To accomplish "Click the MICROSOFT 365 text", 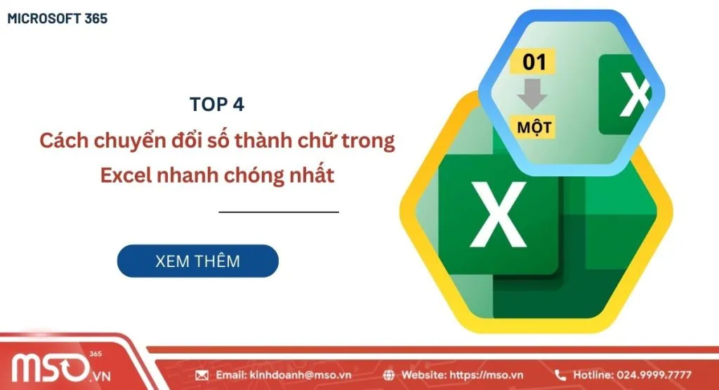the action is click(58, 18).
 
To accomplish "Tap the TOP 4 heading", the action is click(217, 104).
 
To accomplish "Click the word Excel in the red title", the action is click(125, 175).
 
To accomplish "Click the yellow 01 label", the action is click(533, 61).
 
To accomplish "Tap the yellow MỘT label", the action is click(534, 127).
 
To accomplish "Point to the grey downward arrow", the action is click(532, 94).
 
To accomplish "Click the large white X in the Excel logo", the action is click(499, 214).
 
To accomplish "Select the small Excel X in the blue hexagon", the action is click(633, 94).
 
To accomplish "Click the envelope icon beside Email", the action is click(202, 375).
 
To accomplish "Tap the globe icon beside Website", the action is click(389, 375).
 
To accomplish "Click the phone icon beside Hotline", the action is click(560, 375).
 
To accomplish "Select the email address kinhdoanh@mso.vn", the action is click(301, 375).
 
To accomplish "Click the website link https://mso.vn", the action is click(486, 375).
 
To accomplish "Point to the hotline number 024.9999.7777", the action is click(654, 375).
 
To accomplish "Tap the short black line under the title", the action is click(279, 212).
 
